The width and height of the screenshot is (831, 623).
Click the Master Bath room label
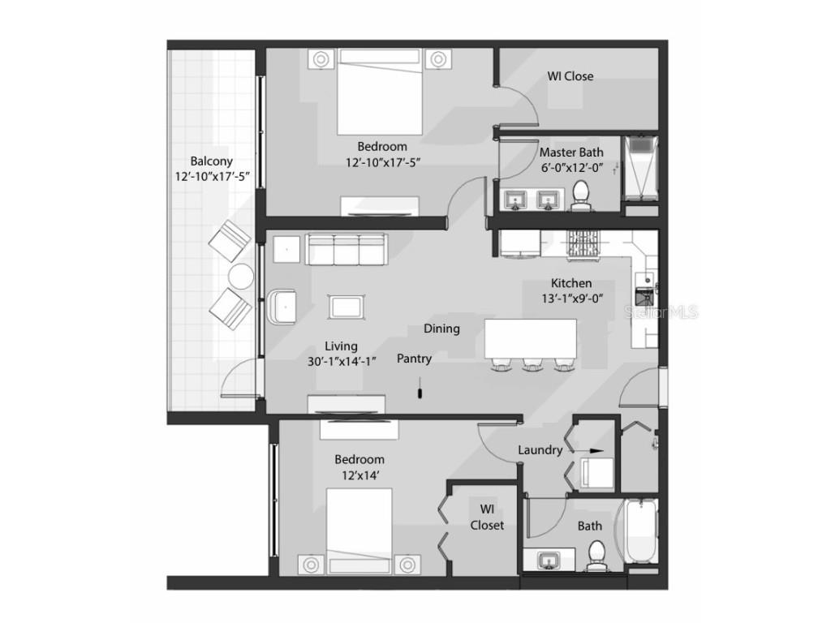coord(571,153)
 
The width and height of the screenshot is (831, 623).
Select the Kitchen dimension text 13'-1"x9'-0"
coord(572,299)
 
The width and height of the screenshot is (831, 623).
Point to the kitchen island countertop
coord(531,338)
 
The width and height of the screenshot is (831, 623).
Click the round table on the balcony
coord(241,276)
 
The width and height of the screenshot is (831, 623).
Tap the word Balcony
coord(212,161)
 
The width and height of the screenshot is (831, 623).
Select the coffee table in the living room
coord(347,307)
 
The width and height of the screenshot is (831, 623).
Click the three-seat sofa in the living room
coord(346,249)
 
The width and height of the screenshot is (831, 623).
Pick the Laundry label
coord(540,449)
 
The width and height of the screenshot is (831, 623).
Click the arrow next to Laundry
coord(589,451)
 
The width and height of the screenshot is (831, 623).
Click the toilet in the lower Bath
coord(597,555)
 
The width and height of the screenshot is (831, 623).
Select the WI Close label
coord(571,76)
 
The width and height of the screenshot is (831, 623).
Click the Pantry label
coord(415,359)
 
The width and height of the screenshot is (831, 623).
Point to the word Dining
coord(441,329)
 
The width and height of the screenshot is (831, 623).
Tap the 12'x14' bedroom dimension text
coord(360,475)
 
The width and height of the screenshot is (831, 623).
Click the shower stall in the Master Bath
coord(640,169)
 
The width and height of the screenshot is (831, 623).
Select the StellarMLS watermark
coord(661,312)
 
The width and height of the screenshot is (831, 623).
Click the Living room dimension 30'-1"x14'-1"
coord(342,362)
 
